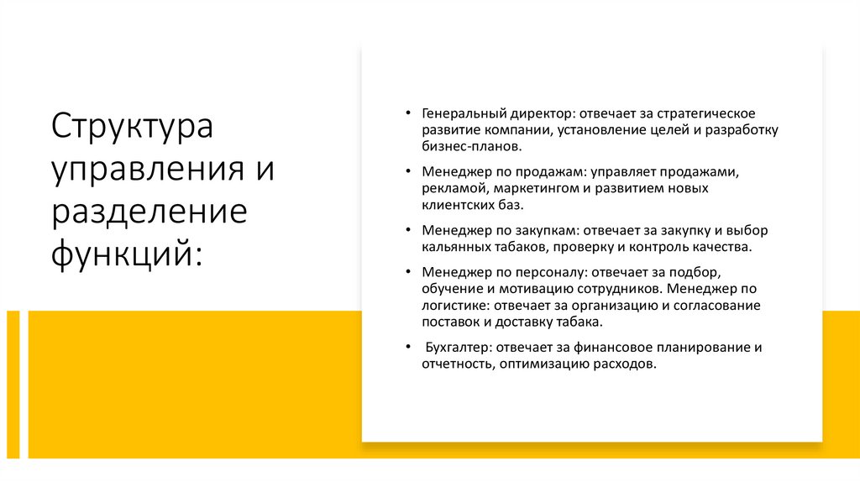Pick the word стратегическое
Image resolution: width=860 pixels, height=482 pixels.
click(712, 113)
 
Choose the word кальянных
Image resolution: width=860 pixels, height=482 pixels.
click(452, 247)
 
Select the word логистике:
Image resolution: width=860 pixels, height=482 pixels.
click(454, 306)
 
